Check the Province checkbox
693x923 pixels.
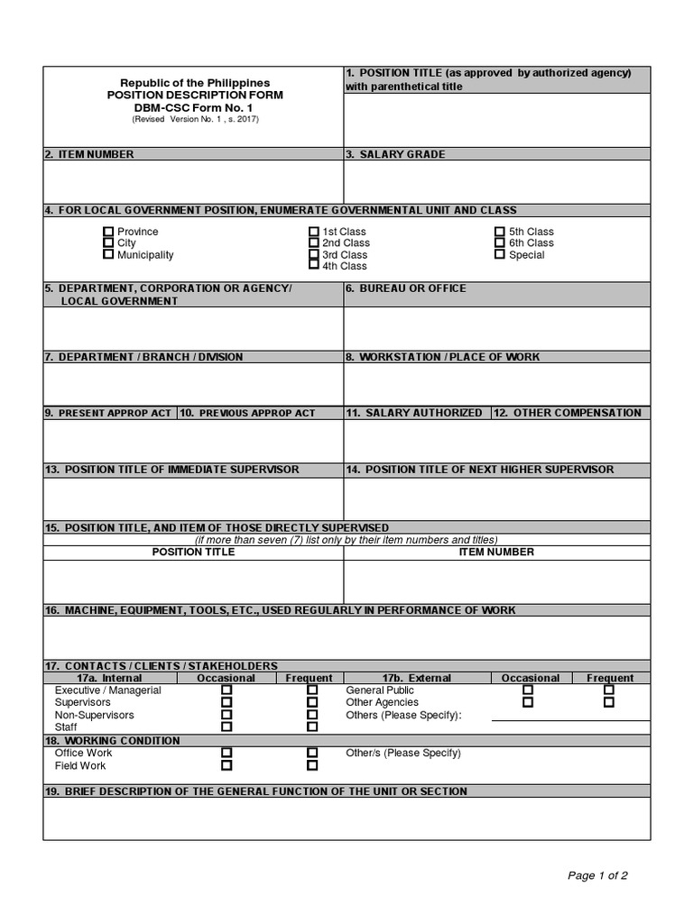coord(108,232)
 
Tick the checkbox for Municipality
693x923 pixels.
coord(108,255)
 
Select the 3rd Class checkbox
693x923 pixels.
coord(314,255)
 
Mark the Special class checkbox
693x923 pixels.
coord(500,255)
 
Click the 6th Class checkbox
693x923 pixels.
coord(500,243)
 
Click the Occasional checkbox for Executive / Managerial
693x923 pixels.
coord(226,690)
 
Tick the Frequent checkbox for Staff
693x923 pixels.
coord(312,727)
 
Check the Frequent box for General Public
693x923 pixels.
coord(609,690)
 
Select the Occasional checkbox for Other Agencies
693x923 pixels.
coord(528,702)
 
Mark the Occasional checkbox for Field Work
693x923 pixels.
coord(226,765)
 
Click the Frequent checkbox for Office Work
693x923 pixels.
coord(312,753)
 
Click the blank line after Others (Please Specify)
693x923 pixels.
coord(569,716)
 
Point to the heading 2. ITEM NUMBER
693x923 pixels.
coord(89,154)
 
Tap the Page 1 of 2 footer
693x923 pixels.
coord(597,875)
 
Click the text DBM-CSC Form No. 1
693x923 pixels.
coord(195,107)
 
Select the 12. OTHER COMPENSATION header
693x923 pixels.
coord(569,413)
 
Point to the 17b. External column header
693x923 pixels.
coord(416,678)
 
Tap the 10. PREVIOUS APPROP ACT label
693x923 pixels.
coord(248,413)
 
